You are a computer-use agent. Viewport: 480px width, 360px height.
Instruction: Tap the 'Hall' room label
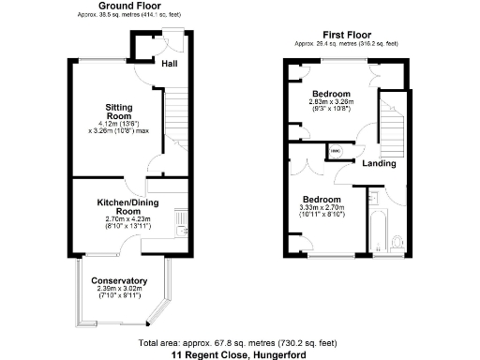170,64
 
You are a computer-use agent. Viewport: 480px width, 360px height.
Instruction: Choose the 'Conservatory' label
119,280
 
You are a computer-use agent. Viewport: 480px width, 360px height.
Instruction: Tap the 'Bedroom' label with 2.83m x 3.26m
332,95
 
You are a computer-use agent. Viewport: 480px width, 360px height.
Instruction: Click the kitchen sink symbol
184,220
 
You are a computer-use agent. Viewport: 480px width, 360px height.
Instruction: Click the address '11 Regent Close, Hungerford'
238,354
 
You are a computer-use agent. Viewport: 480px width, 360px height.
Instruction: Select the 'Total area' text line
238,342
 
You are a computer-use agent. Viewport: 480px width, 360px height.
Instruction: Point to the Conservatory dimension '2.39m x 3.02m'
119,289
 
